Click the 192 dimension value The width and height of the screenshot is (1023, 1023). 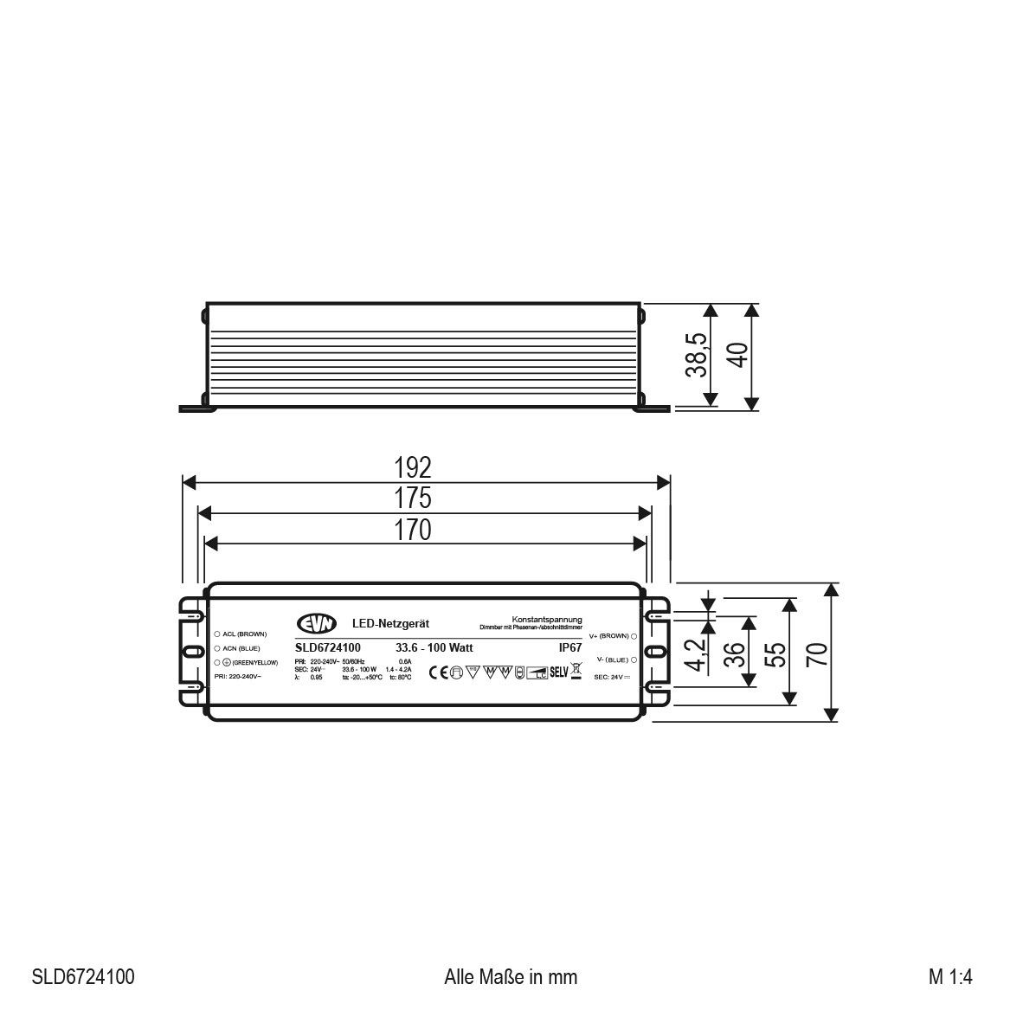[x=413, y=467]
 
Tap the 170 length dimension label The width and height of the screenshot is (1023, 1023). [x=413, y=529]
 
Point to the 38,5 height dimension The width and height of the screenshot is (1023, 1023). [x=698, y=356]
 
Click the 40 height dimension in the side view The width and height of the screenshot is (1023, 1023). [x=737, y=356]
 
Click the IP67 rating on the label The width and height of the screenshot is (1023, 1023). [x=570, y=647]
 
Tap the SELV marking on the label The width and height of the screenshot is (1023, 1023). [x=558, y=671]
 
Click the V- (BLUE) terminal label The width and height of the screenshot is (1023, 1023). [x=614, y=659]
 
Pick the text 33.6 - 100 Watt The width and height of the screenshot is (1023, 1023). [x=434, y=647]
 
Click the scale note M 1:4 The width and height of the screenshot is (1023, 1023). [x=951, y=977]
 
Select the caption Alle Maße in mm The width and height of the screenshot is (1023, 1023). [x=510, y=977]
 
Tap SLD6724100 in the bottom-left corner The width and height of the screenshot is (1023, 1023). [x=83, y=977]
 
